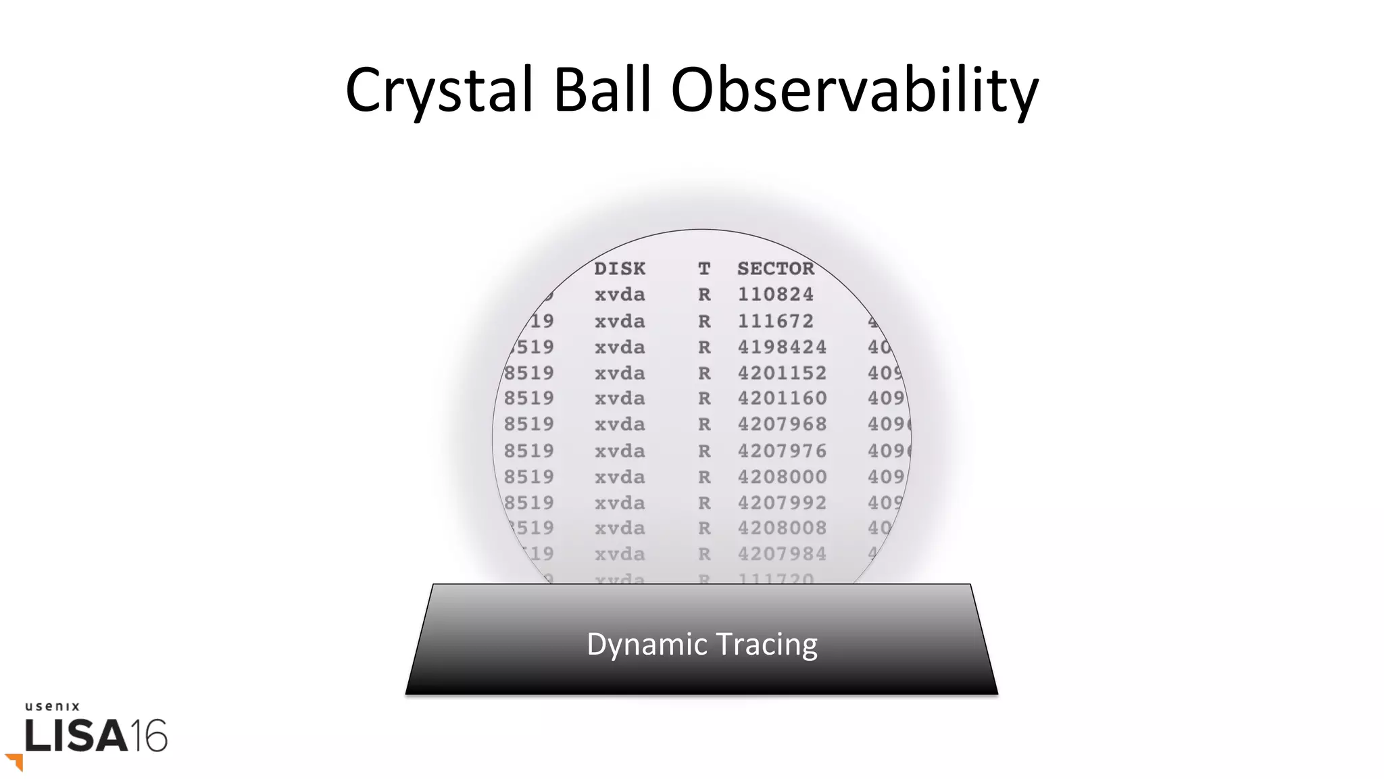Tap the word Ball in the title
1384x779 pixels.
pos(602,90)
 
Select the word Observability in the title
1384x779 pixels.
pos(854,90)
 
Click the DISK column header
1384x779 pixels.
pos(620,269)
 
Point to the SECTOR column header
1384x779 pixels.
pos(776,269)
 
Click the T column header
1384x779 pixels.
pos(704,269)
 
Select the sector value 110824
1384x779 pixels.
pos(775,295)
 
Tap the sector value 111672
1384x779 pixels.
pos(775,321)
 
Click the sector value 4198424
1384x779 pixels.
pos(782,347)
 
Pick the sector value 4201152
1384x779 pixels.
pos(782,373)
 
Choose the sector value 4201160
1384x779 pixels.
pos(782,399)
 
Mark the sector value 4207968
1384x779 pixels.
pos(782,424)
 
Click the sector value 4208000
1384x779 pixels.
pos(782,477)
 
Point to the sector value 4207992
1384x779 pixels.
pos(782,503)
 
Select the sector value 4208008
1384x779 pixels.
pos(782,528)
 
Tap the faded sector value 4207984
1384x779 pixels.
pos(782,554)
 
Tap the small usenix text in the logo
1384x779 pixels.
pos(53,707)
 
